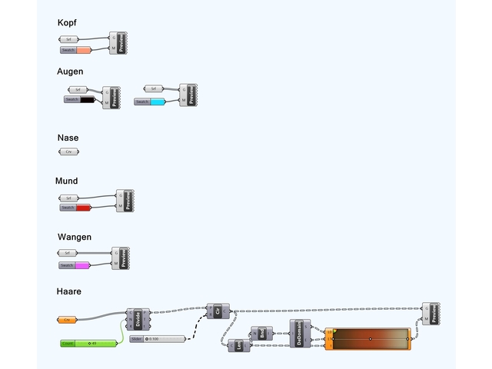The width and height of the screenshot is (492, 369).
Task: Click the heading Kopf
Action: click(x=67, y=23)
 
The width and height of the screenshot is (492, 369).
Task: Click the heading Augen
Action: click(x=70, y=71)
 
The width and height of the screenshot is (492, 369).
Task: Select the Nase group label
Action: click(x=68, y=138)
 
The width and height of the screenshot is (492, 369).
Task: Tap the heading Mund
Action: click(x=66, y=181)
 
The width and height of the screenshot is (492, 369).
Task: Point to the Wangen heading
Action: click(x=75, y=237)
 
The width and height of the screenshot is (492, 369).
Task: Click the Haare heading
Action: click(x=69, y=291)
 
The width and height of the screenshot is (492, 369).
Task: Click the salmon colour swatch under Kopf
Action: click(x=84, y=50)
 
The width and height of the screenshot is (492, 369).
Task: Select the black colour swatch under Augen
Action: click(x=87, y=99)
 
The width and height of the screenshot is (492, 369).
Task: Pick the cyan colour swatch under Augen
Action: click(x=157, y=101)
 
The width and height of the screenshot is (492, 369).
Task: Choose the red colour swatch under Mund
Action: click(x=83, y=208)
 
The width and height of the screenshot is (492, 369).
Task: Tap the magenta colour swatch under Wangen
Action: click(x=82, y=265)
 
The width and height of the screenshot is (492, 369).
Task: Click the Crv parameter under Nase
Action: click(x=69, y=151)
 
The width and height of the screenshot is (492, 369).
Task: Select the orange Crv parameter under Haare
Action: click(x=68, y=319)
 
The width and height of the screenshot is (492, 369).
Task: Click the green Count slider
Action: click(x=91, y=343)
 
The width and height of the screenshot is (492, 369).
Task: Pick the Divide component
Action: click(x=138, y=318)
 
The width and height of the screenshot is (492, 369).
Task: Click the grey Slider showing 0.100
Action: click(x=158, y=339)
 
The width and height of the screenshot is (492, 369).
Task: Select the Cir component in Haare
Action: click(x=218, y=311)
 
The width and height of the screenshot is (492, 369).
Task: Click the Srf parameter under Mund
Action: click(x=69, y=198)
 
